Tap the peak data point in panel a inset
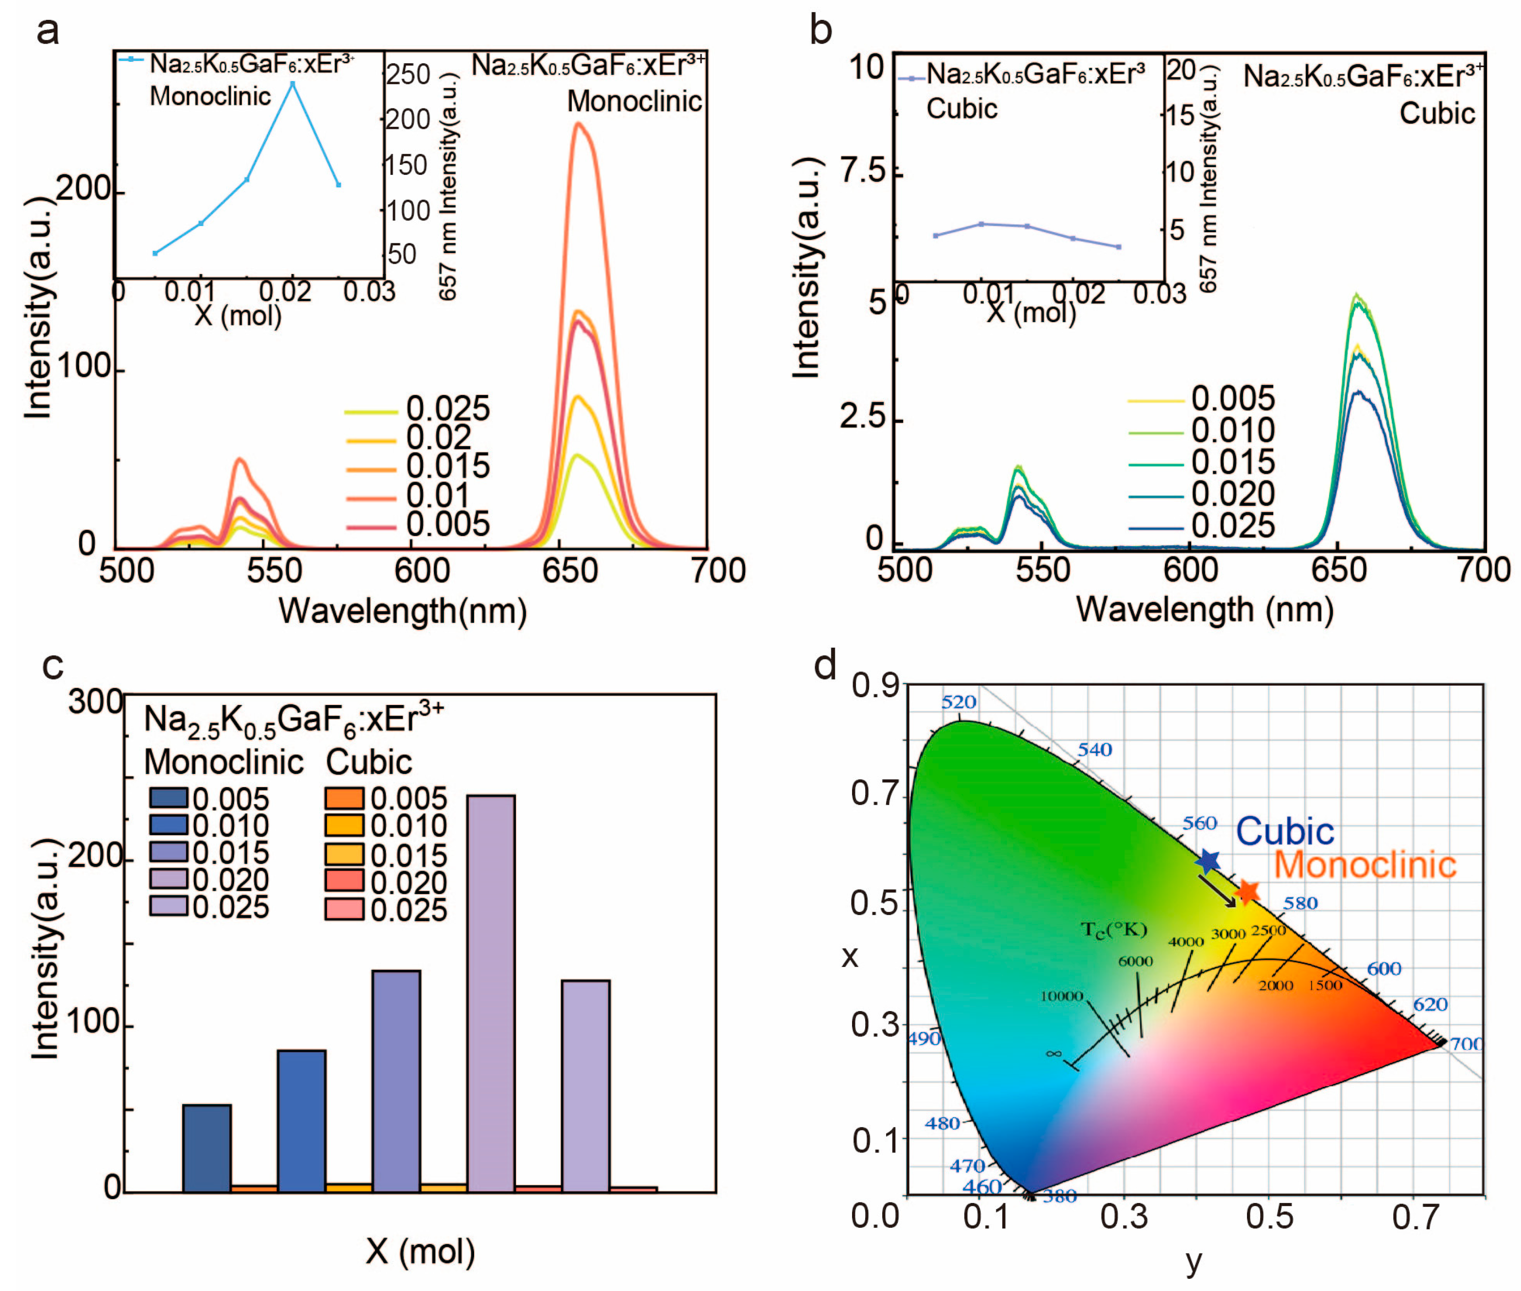pos(292,84)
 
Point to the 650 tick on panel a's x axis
pos(569,571)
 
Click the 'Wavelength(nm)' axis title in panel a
pos(402,611)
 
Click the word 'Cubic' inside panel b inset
pos(961,108)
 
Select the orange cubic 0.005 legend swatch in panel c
pos(344,798)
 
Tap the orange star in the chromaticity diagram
pos(1248,892)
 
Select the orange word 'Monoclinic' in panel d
pos(1365,865)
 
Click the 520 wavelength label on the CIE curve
pos(958,703)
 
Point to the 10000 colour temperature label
pos(1061,997)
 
